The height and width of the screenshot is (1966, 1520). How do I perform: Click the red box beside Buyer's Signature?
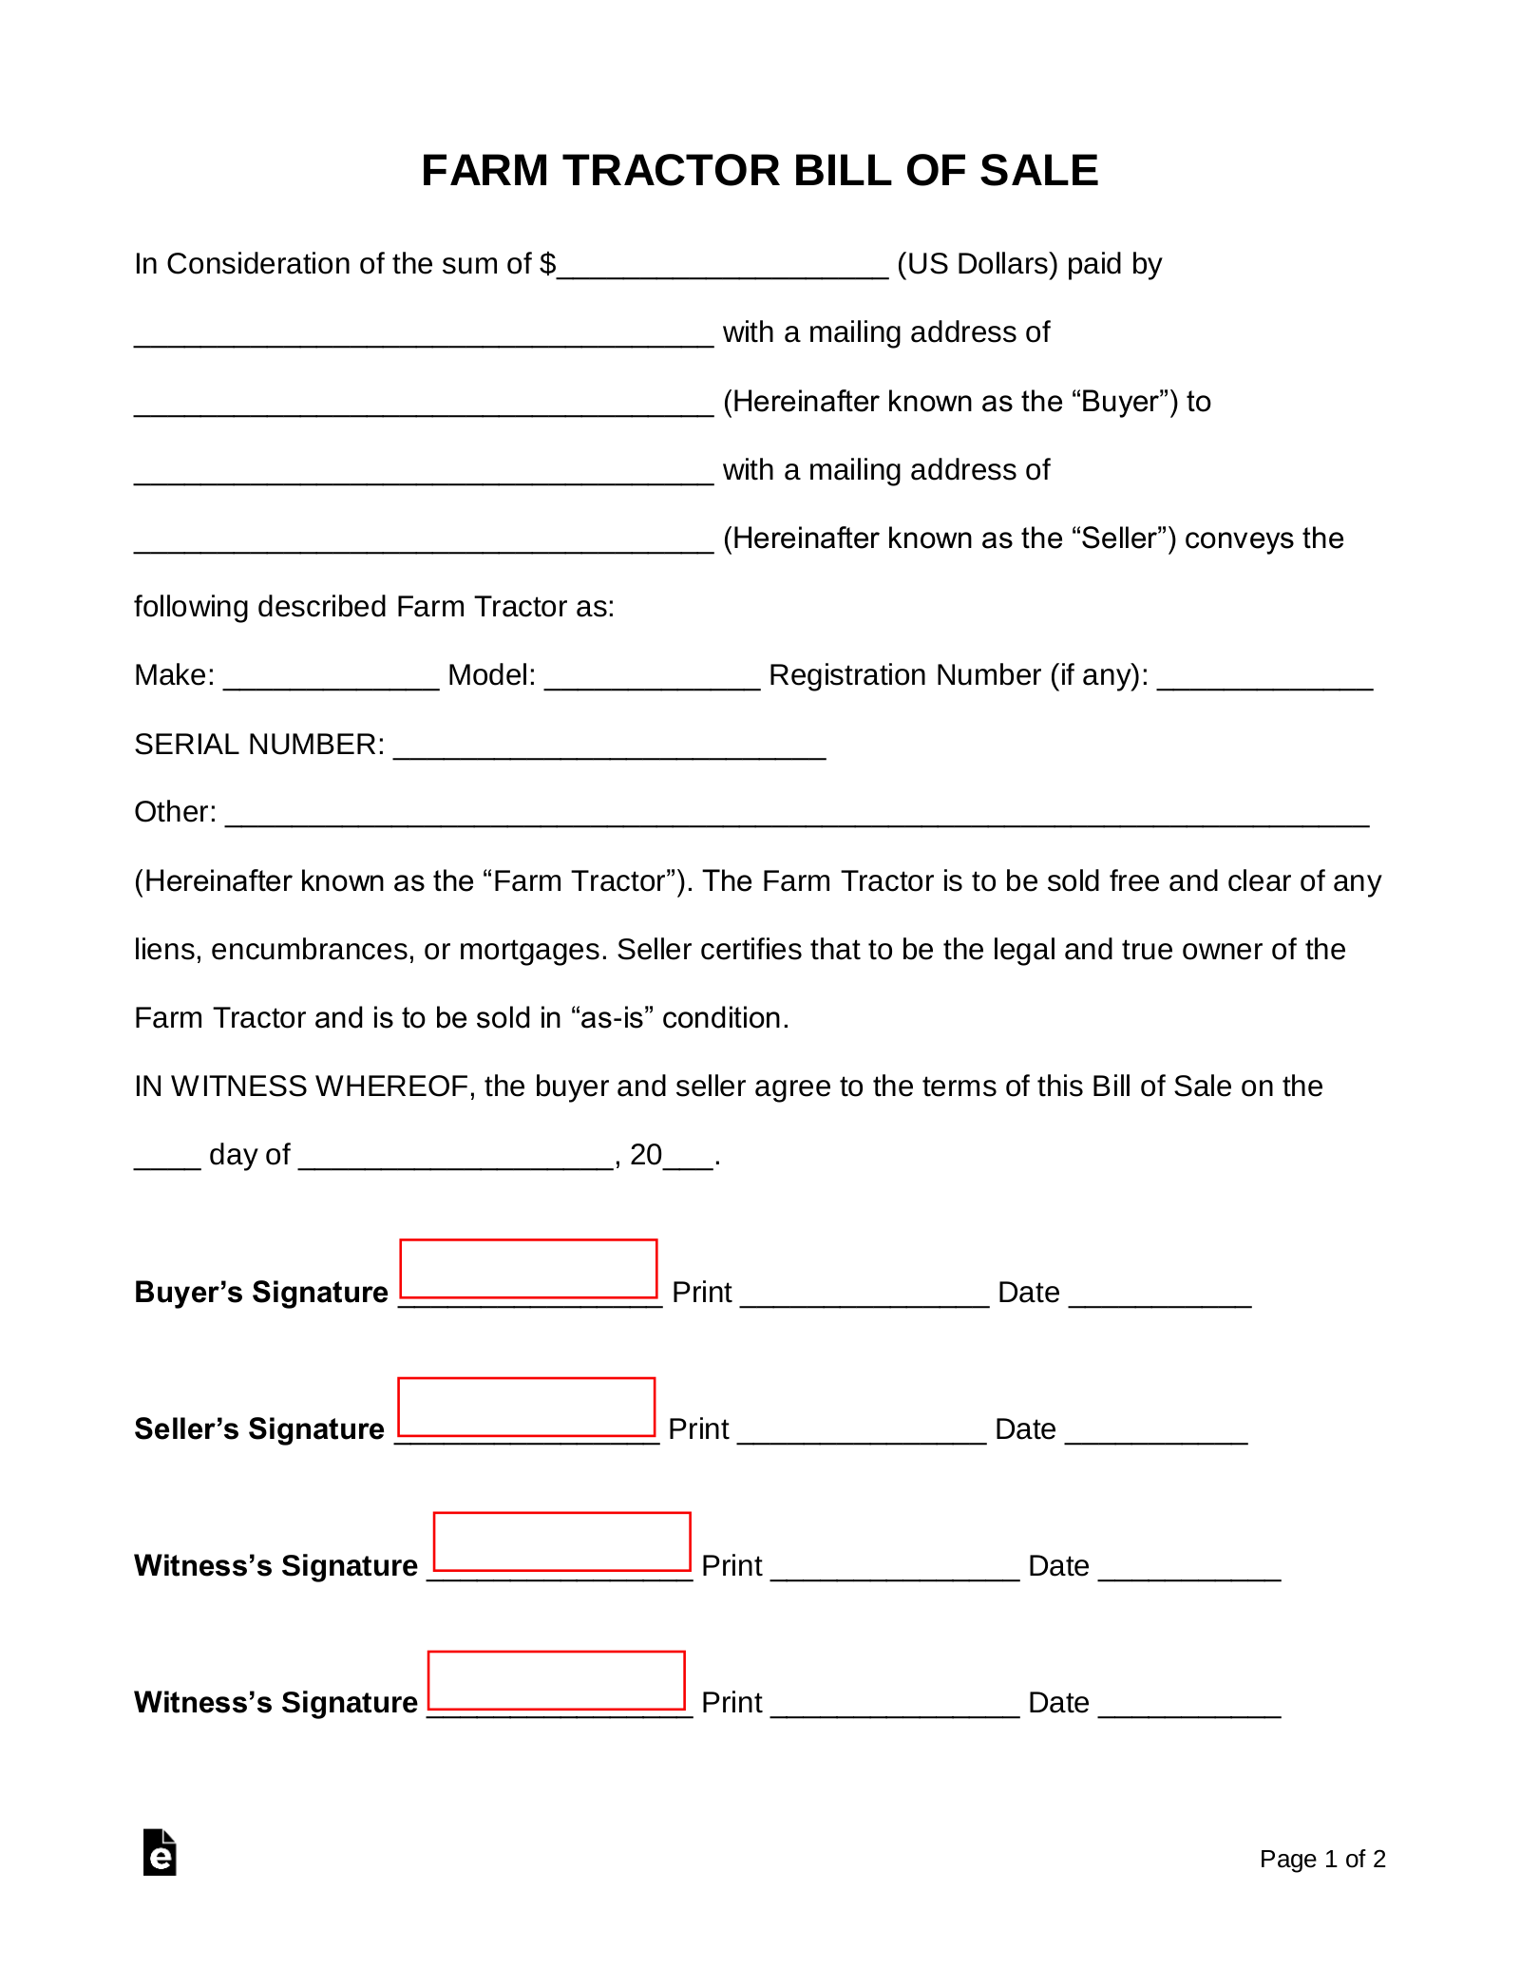coord(528,1268)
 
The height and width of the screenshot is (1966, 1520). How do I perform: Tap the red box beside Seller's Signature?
coord(526,1406)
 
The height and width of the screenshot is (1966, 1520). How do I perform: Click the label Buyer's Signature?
coord(261,1293)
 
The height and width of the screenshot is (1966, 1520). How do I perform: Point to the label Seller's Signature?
coord(259,1429)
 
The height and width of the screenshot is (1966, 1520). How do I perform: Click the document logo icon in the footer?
coord(160,1852)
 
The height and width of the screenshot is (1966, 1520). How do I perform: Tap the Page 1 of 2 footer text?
coord(1322,1859)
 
